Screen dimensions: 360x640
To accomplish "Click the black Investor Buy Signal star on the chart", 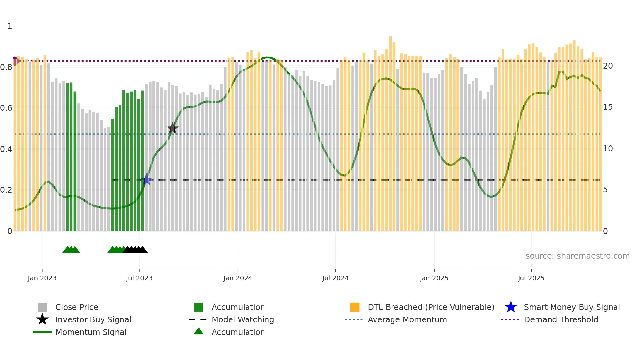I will (x=172, y=128).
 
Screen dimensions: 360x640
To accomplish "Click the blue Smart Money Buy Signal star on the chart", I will (x=146, y=179).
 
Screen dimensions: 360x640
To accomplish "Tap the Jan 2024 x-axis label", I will (x=238, y=278).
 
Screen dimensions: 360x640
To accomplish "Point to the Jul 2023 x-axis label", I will (x=139, y=278).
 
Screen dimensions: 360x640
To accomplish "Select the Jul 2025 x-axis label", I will (x=531, y=278).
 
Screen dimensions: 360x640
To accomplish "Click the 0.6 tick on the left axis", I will (x=6, y=108).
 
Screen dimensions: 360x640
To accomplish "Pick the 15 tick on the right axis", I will (x=608, y=107).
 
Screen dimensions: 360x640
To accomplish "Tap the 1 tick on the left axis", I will (x=10, y=26).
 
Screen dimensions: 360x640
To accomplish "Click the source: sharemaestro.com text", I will (x=577, y=256).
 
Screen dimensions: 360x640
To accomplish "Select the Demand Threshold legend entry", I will (x=561, y=319).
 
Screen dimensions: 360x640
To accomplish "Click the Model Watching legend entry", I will (x=242, y=319).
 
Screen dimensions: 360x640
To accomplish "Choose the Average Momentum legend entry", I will (x=407, y=319).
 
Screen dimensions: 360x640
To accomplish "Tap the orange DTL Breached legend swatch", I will (x=355, y=307).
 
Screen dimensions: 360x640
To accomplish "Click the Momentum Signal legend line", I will (x=42, y=332).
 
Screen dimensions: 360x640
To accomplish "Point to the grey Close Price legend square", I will (x=42, y=307).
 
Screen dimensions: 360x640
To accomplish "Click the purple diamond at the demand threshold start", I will (x=15, y=61).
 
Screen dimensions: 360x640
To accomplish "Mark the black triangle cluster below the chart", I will (x=135, y=250).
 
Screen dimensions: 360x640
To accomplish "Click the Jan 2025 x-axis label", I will (x=434, y=278).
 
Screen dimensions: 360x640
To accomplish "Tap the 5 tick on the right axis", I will (x=605, y=190).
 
